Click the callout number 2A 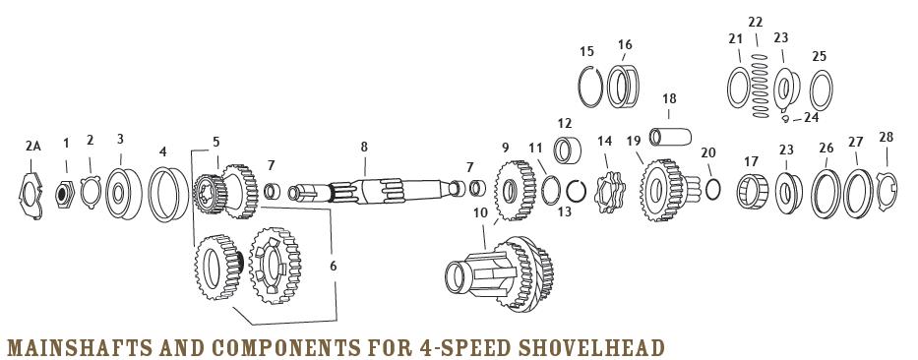(33, 146)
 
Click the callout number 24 (811, 117)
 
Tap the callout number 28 (886, 137)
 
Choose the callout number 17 (752, 161)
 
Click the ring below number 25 (820, 93)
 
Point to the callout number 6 (333, 266)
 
